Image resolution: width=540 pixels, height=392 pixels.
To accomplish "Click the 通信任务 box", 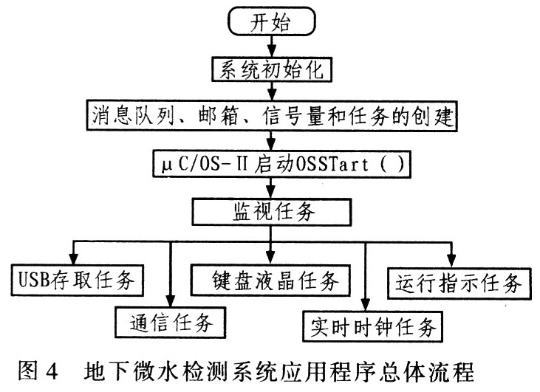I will tap(170, 323).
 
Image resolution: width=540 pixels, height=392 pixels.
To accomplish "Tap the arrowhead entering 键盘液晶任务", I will tap(270, 261).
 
